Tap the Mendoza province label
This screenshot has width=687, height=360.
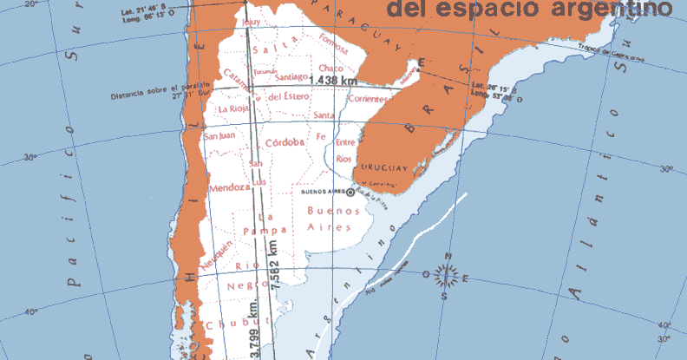tap(230, 187)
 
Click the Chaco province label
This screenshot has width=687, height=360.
tap(331, 68)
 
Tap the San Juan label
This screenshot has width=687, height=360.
tap(219, 135)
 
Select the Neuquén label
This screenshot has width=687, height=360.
tap(217, 257)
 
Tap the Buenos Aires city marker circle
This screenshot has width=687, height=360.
tap(350, 193)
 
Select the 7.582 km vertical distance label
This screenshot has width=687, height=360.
tap(276, 265)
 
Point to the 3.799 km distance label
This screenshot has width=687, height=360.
tap(253, 330)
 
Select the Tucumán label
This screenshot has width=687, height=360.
tap(265, 71)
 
